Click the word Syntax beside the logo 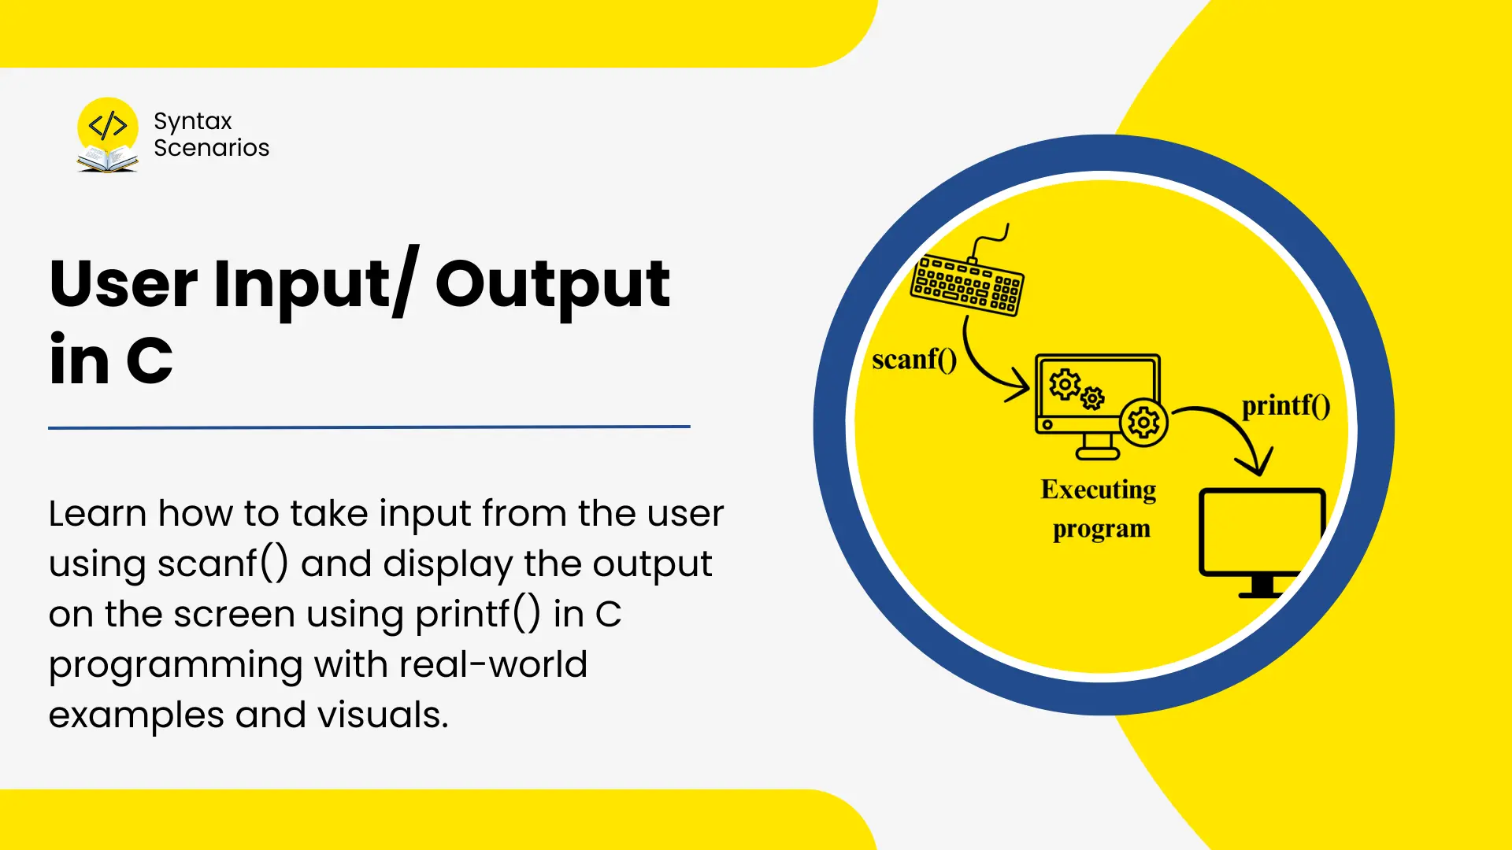(193, 122)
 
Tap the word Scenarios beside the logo (211, 148)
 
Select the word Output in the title (553, 286)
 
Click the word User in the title (124, 283)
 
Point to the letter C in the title (150, 361)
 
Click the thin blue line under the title (369, 427)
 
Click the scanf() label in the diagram (914, 360)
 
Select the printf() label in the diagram (1286, 405)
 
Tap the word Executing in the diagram (1099, 490)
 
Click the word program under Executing (1102, 529)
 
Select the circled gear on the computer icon (1143, 423)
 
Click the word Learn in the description (98, 513)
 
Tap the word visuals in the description (383, 715)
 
